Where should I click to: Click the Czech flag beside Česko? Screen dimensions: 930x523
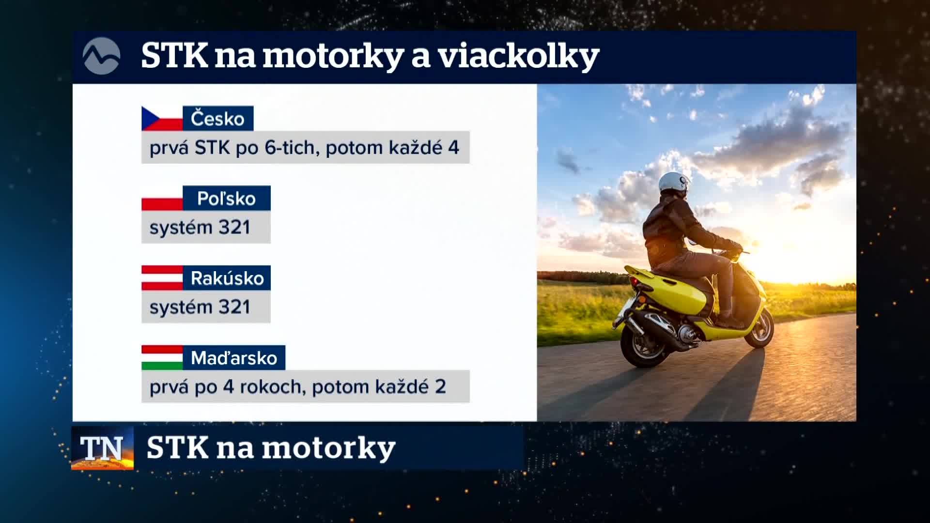point(162,119)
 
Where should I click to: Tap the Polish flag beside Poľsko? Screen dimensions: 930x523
point(162,198)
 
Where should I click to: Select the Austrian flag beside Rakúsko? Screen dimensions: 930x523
point(162,278)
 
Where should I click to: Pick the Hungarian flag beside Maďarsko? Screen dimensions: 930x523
point(162,358)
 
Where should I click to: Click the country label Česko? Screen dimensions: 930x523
point(217,119)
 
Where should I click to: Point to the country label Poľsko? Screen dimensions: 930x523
point(226,199)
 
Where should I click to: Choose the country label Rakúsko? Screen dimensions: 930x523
point(227,278)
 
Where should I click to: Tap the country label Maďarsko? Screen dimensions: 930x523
point(234,358)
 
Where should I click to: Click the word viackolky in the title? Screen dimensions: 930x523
point(519,57)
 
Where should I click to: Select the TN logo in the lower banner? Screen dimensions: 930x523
point(102,448)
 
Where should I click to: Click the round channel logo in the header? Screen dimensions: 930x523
point(101,56)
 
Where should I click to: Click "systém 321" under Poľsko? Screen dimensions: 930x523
point(200,228)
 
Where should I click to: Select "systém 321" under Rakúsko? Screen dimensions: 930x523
point(200,307)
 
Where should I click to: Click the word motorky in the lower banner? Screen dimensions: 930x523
point(329,449)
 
